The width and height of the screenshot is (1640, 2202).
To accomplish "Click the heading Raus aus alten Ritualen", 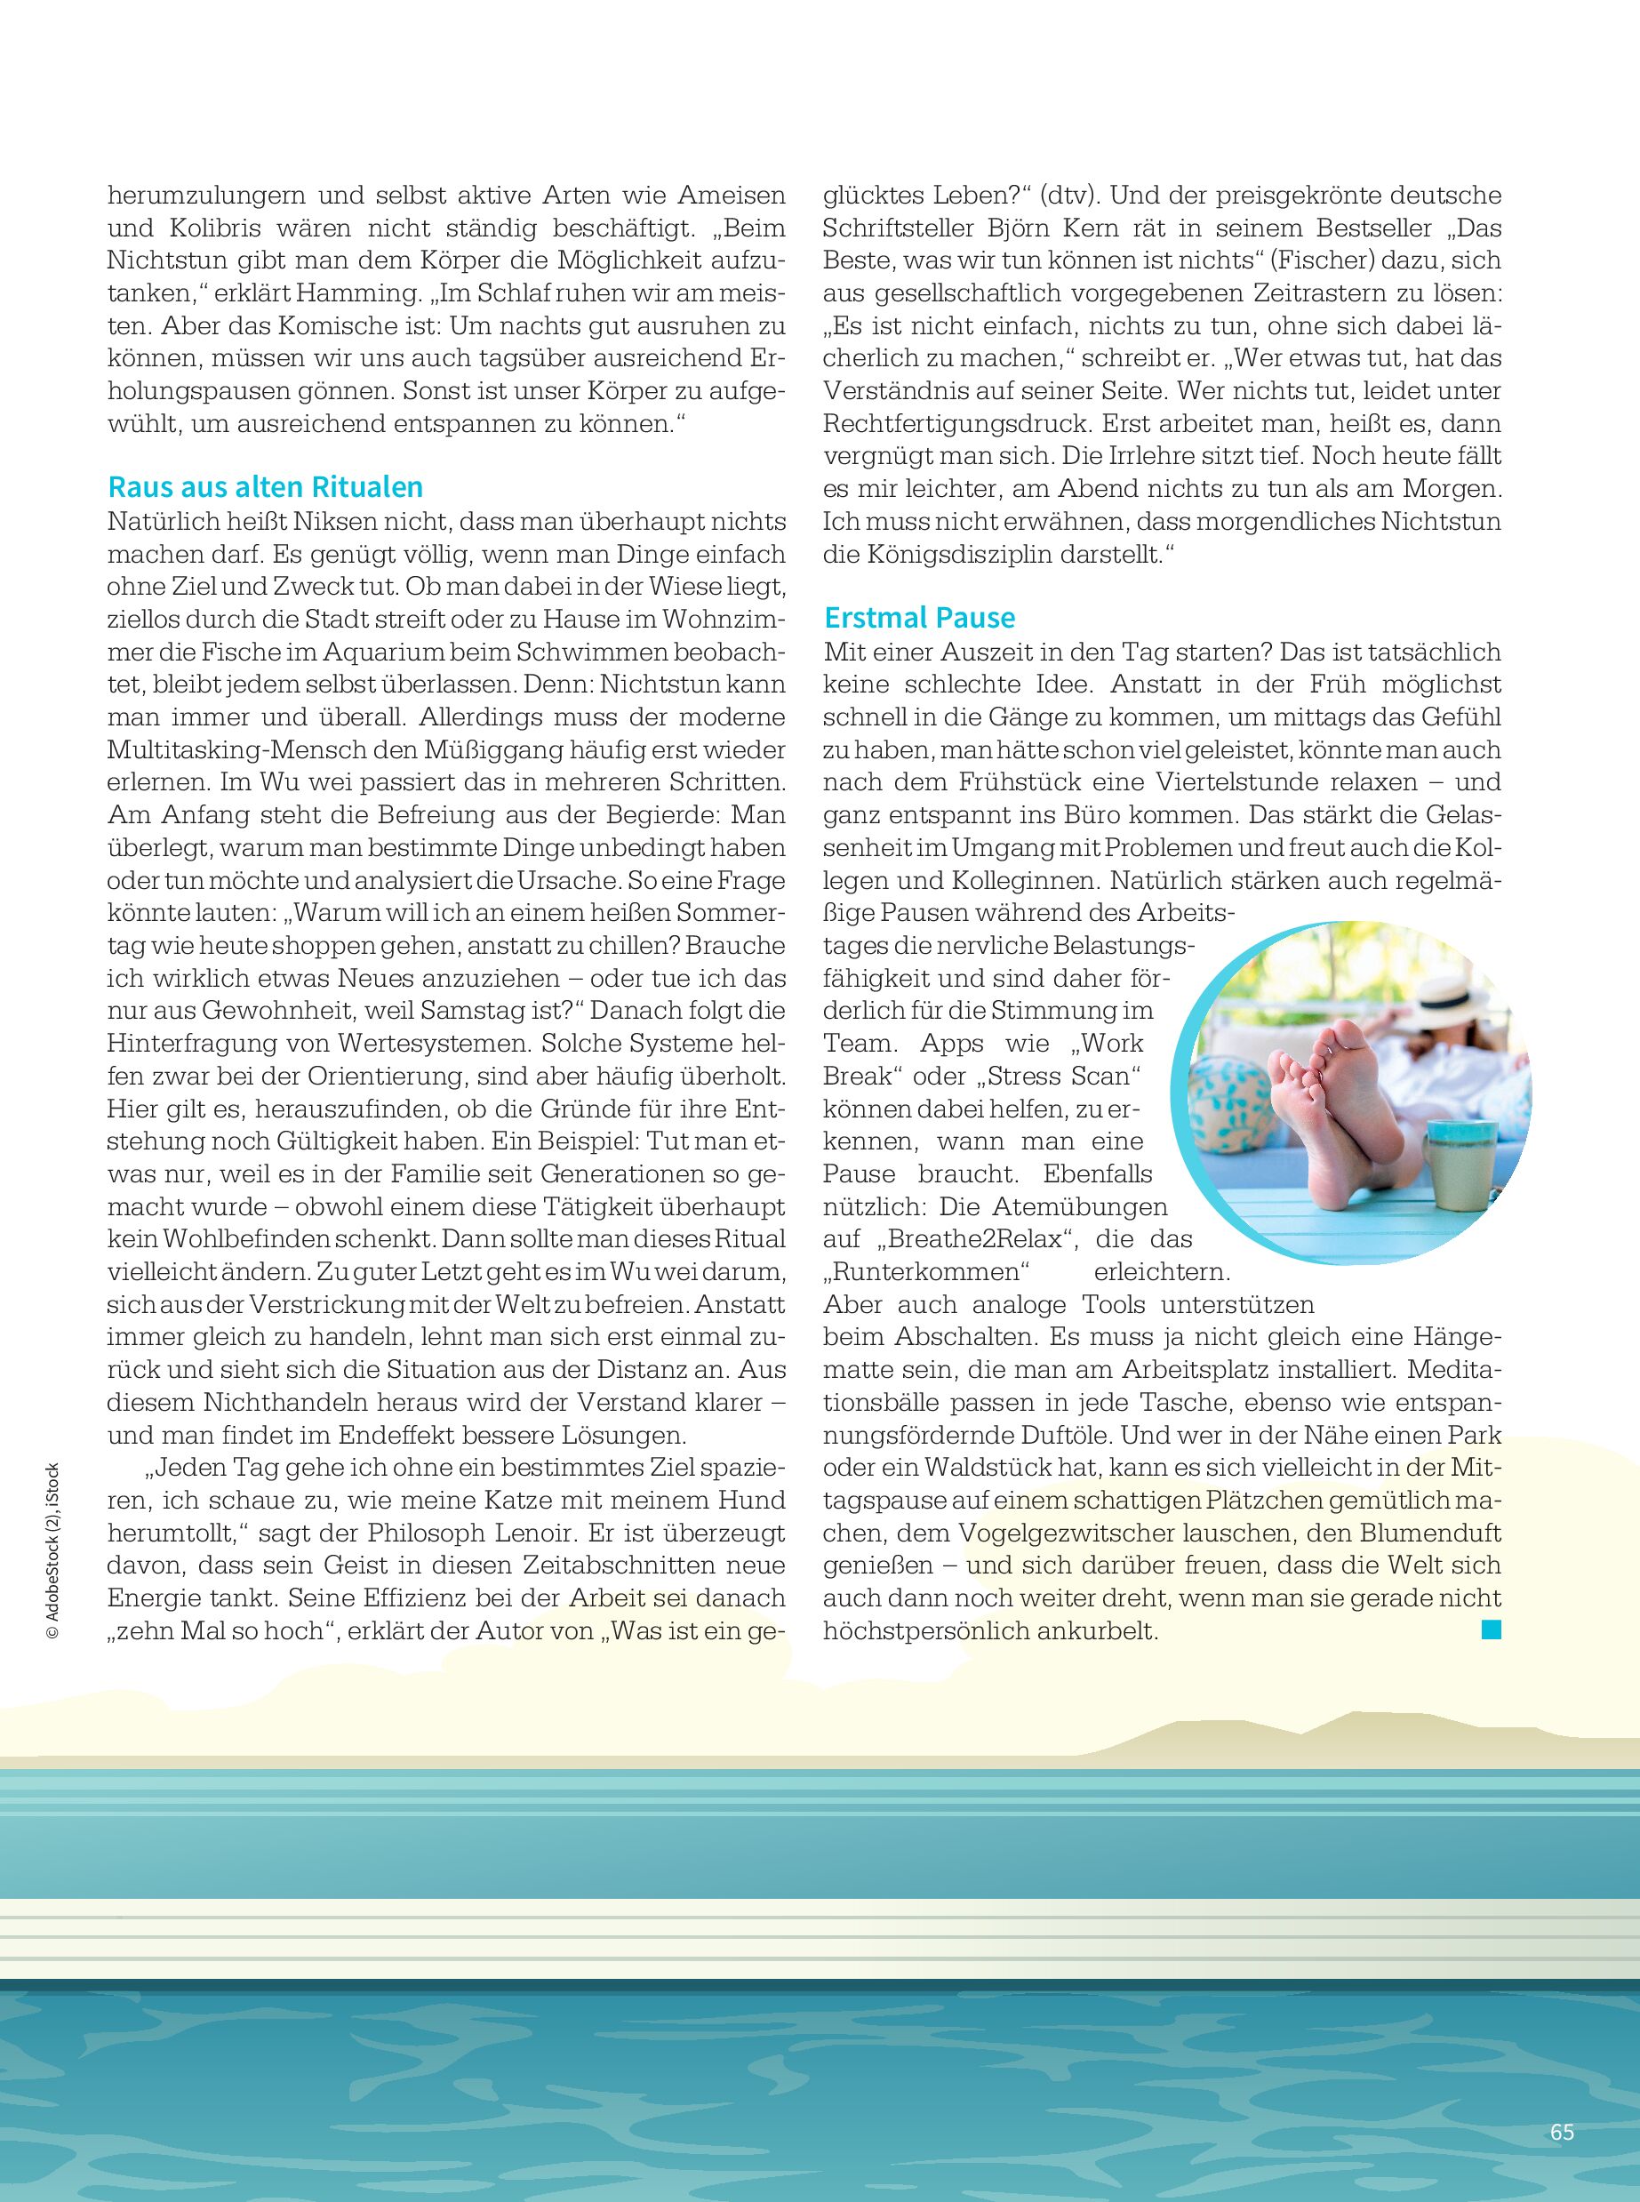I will click(265, 487).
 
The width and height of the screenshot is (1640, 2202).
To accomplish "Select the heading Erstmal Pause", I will click(919, 618).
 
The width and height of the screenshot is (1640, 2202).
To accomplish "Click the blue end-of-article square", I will click(1490, 1629).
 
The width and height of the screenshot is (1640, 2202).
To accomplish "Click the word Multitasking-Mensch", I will click(247, 749).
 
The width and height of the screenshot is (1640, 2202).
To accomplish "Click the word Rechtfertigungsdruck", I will click(954, 424).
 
